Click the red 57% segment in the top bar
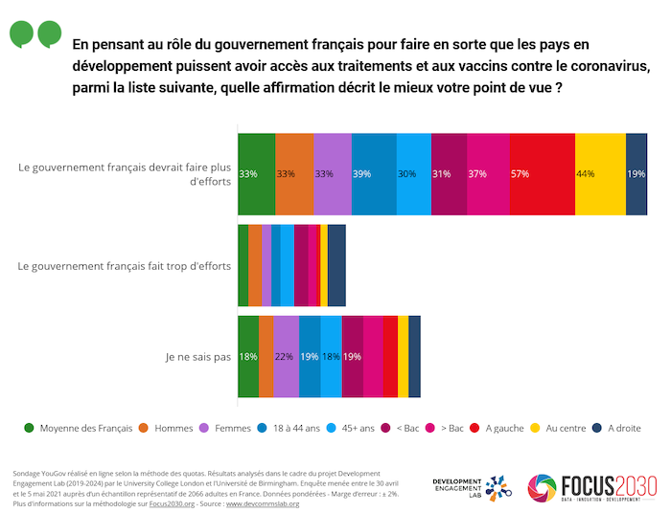click(541, 173)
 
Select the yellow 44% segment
click(599, 173)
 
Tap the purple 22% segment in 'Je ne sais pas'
click(286, 356)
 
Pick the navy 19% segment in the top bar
click(636, 173)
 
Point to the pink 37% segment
click(488, 173)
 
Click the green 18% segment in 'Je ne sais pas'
click(248, 356)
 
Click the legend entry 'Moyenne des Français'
click(79, 428)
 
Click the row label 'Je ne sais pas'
click(198, 357)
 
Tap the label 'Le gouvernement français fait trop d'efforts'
click(125, 265)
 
